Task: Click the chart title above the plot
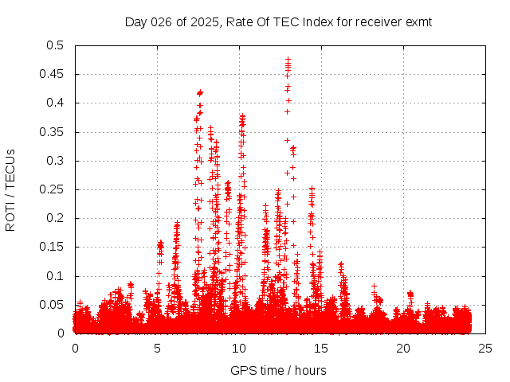tap(278, 21)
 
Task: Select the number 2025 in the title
tap(204, 21)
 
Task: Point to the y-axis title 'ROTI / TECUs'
tap(11, 189)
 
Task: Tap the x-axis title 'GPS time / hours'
tap(278, 370)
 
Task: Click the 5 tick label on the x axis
tap(157, 349)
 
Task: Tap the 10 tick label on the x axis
tap(239, 349)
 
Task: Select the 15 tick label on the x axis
tap(321, 349)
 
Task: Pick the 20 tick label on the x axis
tap(403, 349)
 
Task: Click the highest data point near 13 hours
tap(288, 59)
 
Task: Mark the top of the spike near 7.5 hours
tap(200, 92)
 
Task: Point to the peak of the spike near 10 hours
tap(242, 116)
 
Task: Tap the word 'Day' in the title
tap(136, 21)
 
